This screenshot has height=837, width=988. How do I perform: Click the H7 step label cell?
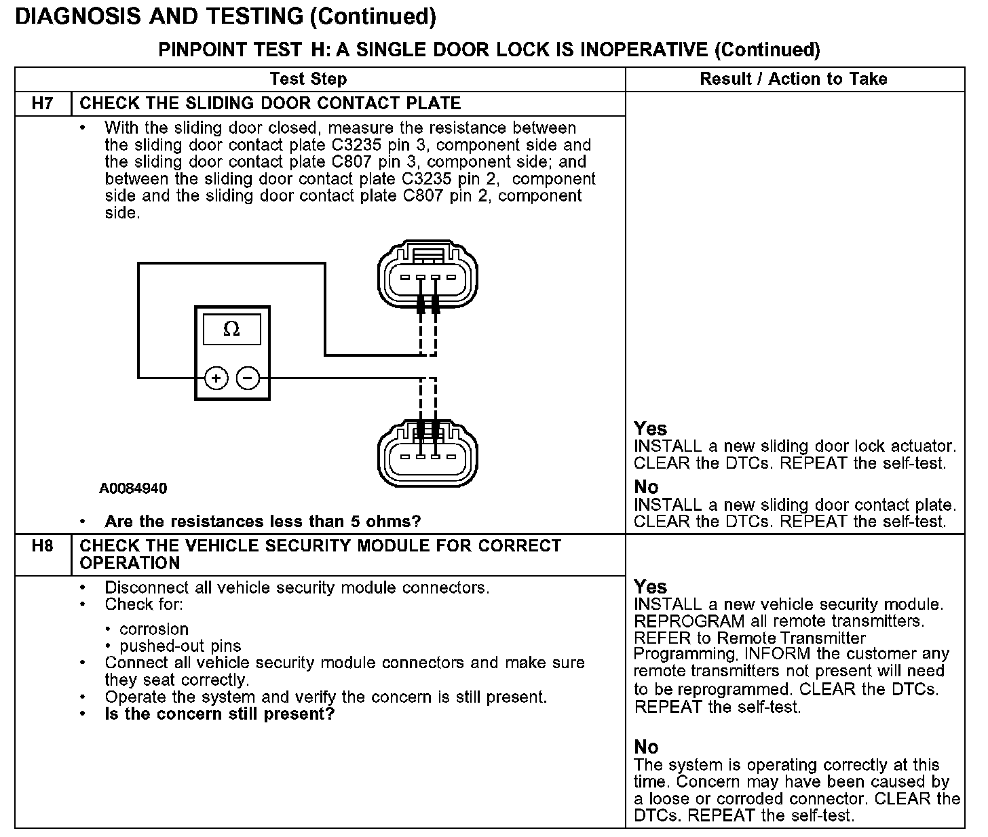coord(42,104)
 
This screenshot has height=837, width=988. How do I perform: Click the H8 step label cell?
coord(42,546)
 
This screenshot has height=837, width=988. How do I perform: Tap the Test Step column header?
coord(308,79)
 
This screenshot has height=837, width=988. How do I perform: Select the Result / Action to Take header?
coord(793,79)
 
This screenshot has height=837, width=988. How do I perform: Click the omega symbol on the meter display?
coord(231,330)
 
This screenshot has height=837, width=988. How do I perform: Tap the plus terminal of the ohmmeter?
coord(216,378)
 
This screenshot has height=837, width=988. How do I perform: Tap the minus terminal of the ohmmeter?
coord(248,378)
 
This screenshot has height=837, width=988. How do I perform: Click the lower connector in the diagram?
coord(427,453)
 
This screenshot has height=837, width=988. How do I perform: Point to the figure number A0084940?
coord(133,488)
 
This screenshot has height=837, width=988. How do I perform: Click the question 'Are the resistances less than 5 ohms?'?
coord(263,522)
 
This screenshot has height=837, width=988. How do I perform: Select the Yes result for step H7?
coord(650,429)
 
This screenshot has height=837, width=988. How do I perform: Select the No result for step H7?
coord(646,487)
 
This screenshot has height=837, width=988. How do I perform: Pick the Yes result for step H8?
coord(650,587)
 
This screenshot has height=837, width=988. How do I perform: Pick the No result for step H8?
coord(646,747)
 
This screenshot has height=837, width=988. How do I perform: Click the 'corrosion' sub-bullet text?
coord(153,629)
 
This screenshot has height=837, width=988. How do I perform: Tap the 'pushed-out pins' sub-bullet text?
coord(180,646)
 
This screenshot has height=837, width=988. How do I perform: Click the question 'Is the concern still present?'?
coord(220,714)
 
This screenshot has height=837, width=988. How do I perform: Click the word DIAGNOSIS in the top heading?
coord(75,17)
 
